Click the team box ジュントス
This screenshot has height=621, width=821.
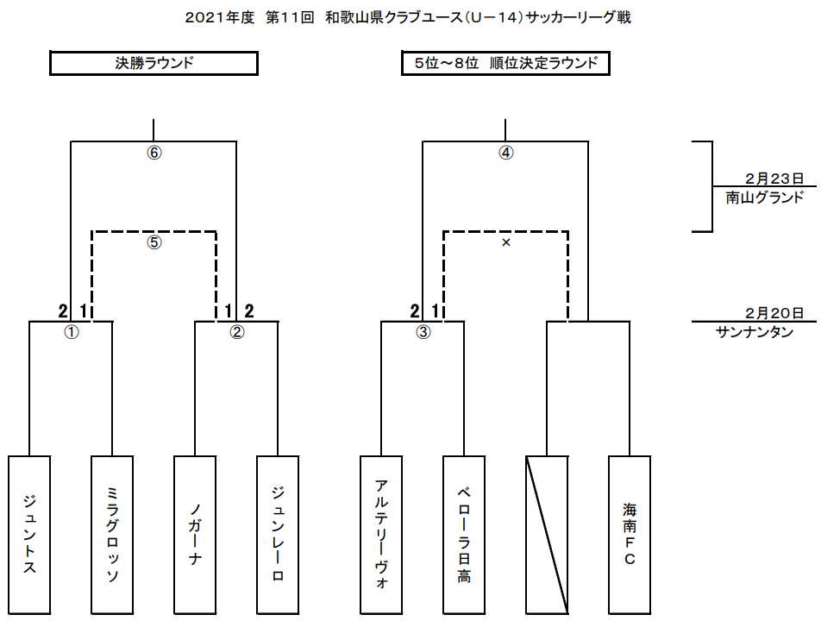tap(29, 535)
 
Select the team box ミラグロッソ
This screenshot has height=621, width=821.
tap(112, 535)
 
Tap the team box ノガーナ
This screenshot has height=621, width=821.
tap(195, 535)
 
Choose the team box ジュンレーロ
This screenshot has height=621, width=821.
tap(278, 535)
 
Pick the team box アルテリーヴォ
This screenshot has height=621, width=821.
tap(381, 535)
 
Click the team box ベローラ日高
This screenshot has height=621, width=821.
tap(464, 535)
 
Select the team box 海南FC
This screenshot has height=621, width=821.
tap(630, 535)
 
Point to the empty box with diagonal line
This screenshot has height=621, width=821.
tap(547, 535)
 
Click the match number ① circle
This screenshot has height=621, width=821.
tap(72, 332)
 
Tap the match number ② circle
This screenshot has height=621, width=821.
tap(237, 332)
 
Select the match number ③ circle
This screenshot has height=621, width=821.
tap(423, 332)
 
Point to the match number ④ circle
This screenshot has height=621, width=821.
tap(506, 153)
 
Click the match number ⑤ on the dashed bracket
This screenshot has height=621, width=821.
tap(154, 242)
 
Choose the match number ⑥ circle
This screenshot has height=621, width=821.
tap(154, 153)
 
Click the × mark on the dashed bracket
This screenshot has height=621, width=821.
tap(506, 243)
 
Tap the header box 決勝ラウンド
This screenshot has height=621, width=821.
tap(154, 63)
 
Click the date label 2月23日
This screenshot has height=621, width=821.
tap(774, 179)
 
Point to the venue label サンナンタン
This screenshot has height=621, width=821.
tap(754, 333)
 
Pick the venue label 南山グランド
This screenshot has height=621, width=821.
tap(764, 197)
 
